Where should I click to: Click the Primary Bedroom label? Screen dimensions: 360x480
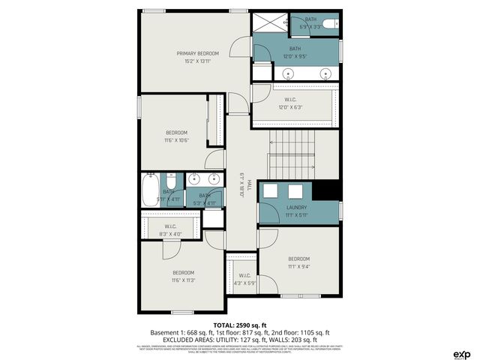pos(197,57)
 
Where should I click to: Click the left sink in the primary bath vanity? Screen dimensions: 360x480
pos(289,73)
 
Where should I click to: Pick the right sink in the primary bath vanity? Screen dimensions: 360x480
pos(325,73)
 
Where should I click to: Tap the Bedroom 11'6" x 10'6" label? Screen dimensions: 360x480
pos(176,136)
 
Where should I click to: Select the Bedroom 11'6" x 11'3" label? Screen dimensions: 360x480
pos(183,276)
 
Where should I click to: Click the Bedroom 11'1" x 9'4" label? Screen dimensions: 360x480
pos(298,262)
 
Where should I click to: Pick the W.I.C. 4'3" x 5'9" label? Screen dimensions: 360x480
pos(244,279)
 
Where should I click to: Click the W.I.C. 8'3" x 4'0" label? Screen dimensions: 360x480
pos(170,229)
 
